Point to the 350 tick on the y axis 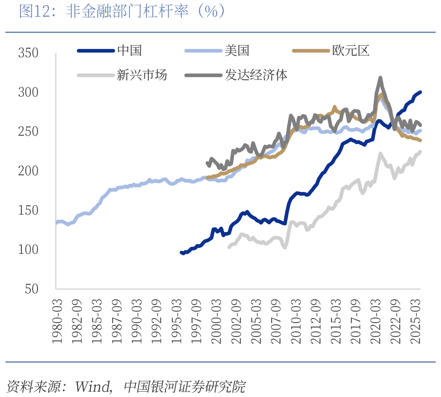[x=28, y=53]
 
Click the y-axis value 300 [x=28, y=92]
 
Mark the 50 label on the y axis [x=32, y=289]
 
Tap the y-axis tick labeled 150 [x=28, y=210]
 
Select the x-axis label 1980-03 [x=57, y=321]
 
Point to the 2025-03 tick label [x=416, y=321]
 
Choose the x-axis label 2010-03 [x=296, y=321]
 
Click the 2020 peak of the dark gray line [x=380, y=77]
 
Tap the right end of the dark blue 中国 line [x=421, y=92]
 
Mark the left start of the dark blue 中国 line [x=181, y=253]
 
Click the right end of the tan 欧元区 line [x=421, y=140]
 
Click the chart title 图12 [x=33, y=12]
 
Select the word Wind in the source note [x=93, y=386]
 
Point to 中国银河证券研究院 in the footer [x=185, y=386]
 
